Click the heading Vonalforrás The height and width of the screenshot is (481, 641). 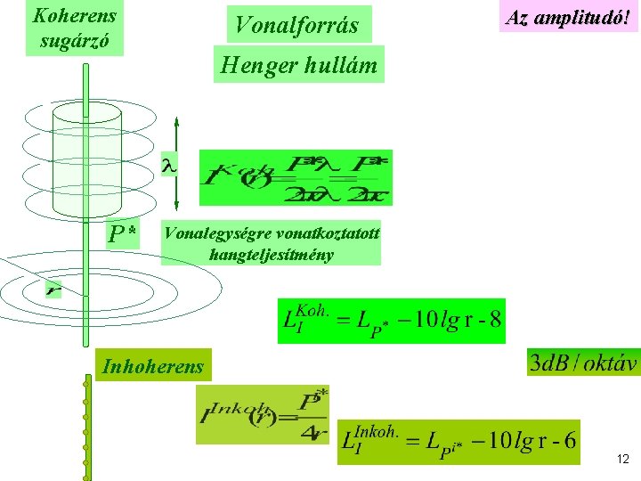tap(296, 25)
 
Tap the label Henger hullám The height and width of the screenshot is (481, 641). tap(298, 64)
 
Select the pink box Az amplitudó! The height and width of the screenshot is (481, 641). tap(569, 17)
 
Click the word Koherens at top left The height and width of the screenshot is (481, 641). tap(75, 14)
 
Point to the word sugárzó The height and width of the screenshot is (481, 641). tap(75, 40)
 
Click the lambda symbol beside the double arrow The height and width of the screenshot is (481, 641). tap(166, 165)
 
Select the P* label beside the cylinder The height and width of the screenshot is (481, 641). tap(122, 234)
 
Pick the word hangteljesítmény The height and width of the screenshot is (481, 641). tap(271, 254)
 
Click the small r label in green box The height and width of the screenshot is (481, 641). tap(54, 289)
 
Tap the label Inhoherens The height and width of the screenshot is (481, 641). tap(153, 365)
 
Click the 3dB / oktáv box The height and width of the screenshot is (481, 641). tap(583, 363)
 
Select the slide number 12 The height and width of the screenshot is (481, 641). tap(621, 460)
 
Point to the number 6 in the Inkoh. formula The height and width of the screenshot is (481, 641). tap(570, 441)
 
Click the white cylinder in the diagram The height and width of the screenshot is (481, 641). tap(86, 160)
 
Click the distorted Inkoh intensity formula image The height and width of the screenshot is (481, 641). tap(262, 414)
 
